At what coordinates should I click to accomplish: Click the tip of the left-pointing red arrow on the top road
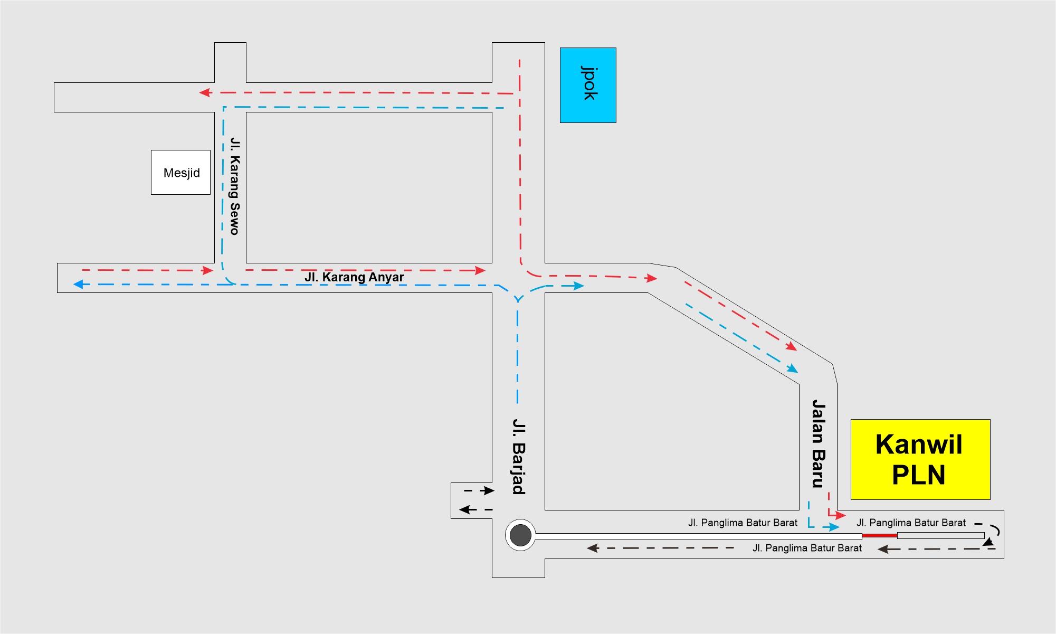(199, 92)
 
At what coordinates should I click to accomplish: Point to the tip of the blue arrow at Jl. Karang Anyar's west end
(73, 285)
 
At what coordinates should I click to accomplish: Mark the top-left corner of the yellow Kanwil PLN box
(851, 420)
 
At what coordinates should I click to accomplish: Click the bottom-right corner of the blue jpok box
(616, 122)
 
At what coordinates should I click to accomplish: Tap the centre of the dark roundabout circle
(520, 535)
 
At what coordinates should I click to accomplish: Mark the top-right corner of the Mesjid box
(210, 150)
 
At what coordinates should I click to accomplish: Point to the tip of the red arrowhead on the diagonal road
(797, 351)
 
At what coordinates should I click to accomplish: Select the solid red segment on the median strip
(880, 535)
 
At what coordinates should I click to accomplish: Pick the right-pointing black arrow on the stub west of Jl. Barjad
(479, 491)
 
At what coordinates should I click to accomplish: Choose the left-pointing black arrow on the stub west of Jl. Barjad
(475, 509)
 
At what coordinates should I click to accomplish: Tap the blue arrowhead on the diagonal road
(793, 368)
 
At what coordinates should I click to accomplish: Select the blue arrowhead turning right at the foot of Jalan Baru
(834, 527)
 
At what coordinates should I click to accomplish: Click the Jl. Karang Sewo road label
(235, 186)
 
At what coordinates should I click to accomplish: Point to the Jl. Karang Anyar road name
(354, 277)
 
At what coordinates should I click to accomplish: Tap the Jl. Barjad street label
(519, 457)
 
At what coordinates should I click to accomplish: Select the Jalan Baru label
(818, 443)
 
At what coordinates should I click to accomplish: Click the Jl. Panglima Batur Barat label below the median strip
(807, 548)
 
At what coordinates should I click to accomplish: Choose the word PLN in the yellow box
(919, 475)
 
